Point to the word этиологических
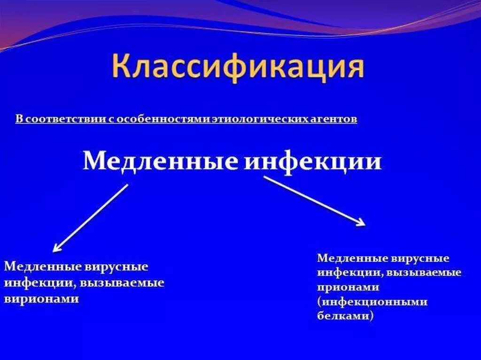click(248, 119)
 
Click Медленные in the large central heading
click(160, 162)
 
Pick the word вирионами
click(41, 299)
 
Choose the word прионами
click(348, 287)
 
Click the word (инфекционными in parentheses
click(372, 302)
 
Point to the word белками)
click(346, 316)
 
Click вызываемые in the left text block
click(122, 283)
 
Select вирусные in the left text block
click(116, 267)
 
